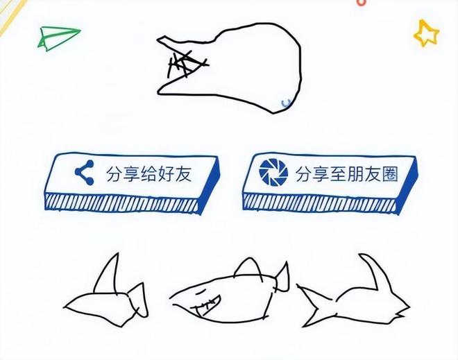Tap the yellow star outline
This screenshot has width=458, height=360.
tap(426, 33)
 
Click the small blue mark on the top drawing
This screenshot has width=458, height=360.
tap(284, 103)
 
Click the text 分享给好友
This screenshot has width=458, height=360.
tap(147, 173)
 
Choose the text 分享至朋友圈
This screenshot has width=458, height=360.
tap(346, 173)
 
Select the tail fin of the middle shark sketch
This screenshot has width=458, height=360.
tap(282, 280)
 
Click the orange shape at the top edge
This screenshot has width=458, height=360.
tap(361, 3)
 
